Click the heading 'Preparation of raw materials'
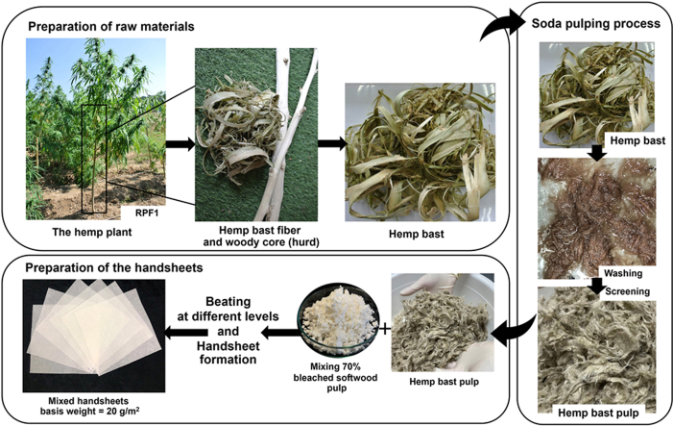[x=111, y=27]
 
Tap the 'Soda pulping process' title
[x=596, y=24]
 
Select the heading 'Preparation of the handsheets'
[x=113, y=267]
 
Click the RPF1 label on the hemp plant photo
[x=147, y=213]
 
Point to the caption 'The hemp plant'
[x=92, y=232]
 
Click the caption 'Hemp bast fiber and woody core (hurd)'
[x=260, y=236]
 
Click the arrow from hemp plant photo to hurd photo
[x=180, y=144]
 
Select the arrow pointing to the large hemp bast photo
[x=332, y=143]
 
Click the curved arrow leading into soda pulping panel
[x=498, y=27]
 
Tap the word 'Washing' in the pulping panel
[x=623, y=273]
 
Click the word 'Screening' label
[x=628, y=291]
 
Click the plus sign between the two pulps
[x=385, y=329]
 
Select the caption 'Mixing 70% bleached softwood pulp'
[x=335, y=377]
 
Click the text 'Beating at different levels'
[x=228, y=309]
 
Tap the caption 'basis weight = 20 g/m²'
[x=89, y=412]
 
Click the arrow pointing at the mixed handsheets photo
[x=186, y=332]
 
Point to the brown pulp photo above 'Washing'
[x=596, y=217]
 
